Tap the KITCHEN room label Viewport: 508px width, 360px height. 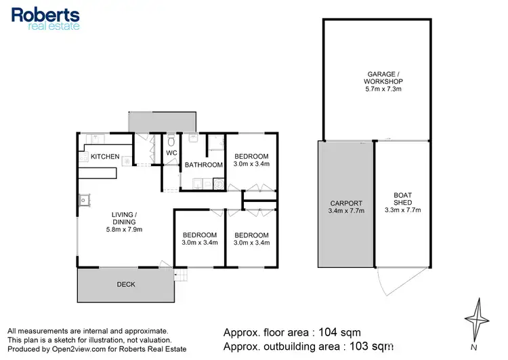click(x=105, y=157)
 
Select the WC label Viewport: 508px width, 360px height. click(x=171, y=153)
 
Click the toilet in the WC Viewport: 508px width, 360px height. click(x=171, y=140)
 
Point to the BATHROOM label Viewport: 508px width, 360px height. click(x=203, y=165)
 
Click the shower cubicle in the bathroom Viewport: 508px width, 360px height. click(x=215, y=141)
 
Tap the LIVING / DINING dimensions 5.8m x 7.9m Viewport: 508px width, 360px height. click(x=123, y=230)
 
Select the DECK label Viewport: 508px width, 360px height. click(x=125, y=285)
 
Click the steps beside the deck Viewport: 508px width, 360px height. click(x=180, y=275)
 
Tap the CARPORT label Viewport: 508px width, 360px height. click(x=346, y=203)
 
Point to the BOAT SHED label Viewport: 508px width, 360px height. click(x=402, y=199)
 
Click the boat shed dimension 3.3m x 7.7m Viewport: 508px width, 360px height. click(x=402, y=210)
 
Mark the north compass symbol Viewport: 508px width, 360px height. click(x=479, y=319)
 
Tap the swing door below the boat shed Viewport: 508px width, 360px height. click(x=391, y=280)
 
